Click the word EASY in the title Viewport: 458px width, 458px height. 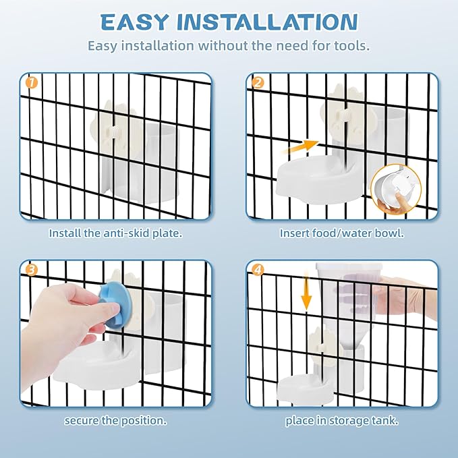(134, 22)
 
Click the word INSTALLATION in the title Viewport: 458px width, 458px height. (267, 22)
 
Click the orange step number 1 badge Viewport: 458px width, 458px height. (32, 83)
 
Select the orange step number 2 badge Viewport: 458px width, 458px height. (258, 83)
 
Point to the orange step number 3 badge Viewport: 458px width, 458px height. (32, 270)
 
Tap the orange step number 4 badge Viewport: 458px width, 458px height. (258, 270)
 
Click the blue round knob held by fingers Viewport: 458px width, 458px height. (115, 304)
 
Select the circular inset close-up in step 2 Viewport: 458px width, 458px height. (396, 189)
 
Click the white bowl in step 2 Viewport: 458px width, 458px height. (320, 179)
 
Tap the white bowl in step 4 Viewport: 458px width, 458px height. (306, 390)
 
